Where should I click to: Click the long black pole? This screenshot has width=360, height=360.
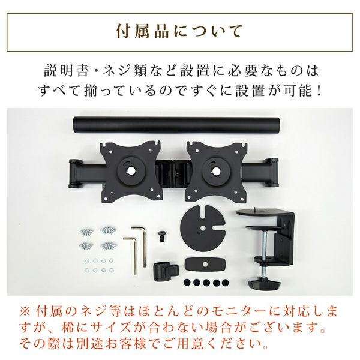[176, 125]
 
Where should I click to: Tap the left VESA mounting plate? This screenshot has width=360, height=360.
[130, 172]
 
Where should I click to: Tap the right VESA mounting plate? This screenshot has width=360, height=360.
[216, 172]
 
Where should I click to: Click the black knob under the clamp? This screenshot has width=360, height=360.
[264, 284]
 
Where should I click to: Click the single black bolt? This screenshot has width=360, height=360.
[162, 236]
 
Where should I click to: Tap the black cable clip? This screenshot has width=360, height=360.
[165, 271]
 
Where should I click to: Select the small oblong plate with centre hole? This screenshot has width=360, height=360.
[205, 264]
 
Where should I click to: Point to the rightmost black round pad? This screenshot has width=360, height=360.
[225, 283]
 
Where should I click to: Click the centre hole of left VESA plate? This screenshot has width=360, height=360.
[130, 170]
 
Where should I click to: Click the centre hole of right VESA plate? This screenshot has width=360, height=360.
[216, 170]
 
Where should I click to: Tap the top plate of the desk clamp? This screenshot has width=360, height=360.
[260, 212]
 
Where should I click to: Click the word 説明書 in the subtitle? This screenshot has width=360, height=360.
[67, 70]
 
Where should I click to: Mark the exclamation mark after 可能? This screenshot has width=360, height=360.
[317, 91]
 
